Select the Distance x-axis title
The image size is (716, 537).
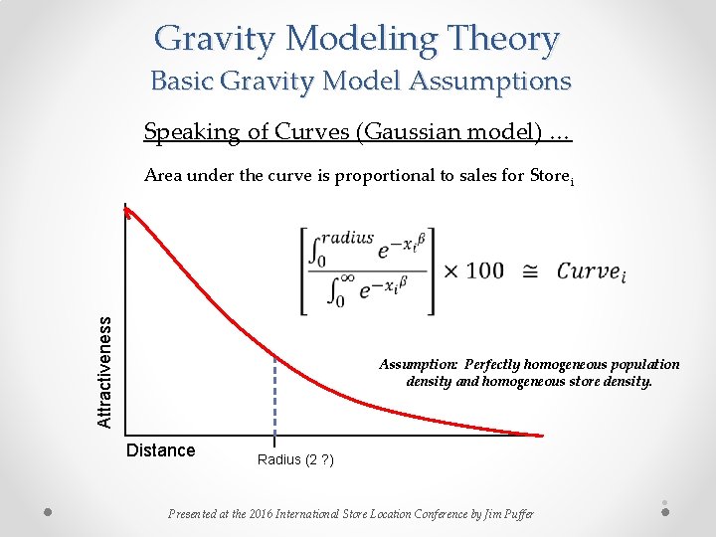click(161, 450)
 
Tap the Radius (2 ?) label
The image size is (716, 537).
click(295, 459)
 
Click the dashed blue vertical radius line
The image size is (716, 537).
click(274, 398)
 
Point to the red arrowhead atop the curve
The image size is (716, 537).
click(126, 211)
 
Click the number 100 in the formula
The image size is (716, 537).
click(484, 270)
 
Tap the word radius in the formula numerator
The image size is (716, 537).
click(346, 239)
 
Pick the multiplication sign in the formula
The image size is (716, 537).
click(450, 270)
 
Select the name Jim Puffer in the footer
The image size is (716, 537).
click(506, 514)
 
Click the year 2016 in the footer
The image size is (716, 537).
click(268, 514)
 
